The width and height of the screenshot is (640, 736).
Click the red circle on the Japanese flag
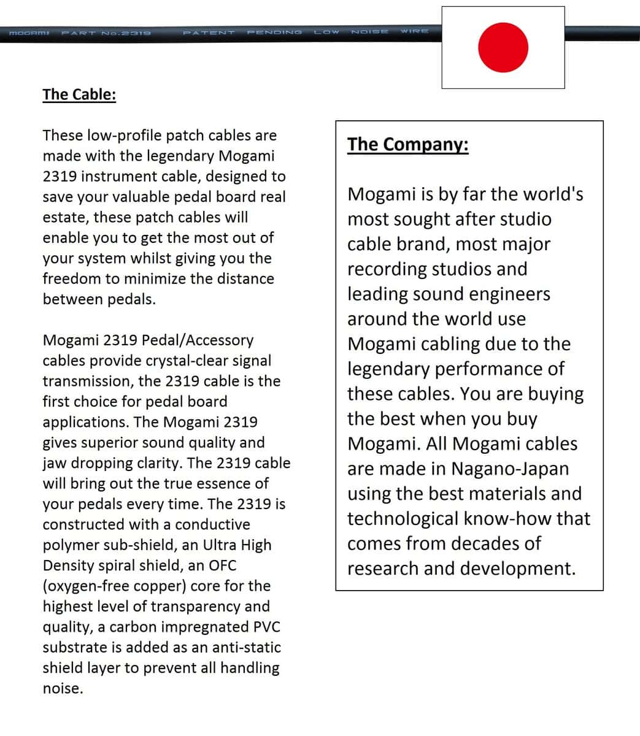pos(503,47)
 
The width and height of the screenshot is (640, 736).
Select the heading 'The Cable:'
pos(79,94)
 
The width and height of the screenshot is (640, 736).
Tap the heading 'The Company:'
pos(408,145)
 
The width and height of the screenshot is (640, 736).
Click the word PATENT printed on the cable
pos(209,32)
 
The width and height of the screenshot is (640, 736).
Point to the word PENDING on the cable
pos(274,32)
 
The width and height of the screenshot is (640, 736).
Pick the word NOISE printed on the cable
pos(369,31)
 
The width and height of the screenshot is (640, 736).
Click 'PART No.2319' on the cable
pos(106,32)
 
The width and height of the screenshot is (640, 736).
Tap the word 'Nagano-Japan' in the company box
pos(510,469)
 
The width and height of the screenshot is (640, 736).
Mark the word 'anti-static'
pos(246,648)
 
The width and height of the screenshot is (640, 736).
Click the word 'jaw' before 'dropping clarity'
pos(54,464)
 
